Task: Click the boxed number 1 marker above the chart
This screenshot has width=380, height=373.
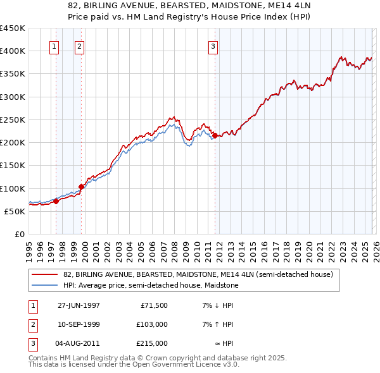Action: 54,46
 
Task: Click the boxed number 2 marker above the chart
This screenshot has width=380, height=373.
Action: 79,46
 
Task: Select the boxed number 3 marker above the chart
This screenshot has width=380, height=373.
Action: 213,46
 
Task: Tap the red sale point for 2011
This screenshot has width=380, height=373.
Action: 215,135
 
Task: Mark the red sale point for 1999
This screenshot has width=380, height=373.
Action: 81,186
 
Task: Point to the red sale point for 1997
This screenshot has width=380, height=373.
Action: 56,201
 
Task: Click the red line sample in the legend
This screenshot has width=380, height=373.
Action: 46,274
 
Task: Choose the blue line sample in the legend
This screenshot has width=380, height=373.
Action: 46,285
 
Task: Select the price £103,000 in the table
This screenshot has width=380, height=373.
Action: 152,324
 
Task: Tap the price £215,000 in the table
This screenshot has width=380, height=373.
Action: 152,343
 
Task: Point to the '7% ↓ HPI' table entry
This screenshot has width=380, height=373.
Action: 218,305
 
